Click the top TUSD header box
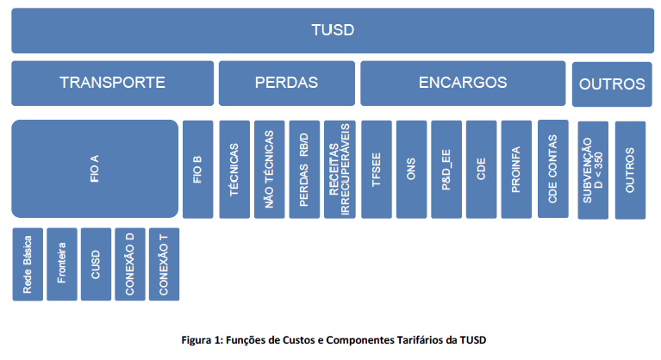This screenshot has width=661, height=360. (x=333, y=30)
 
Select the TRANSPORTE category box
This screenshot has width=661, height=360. (x=113, y=83)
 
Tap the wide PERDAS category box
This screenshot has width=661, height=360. (x=287, y=83)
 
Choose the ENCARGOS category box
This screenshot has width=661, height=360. (x=463, y=83)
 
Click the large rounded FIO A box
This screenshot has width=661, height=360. (x=95, y=169)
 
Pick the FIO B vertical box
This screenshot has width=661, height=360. (x=197, y=170)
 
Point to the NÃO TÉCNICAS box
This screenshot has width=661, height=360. (x=270, y=170)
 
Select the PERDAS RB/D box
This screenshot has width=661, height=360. (x=304, y=170)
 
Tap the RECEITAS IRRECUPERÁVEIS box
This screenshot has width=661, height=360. (x=340, y=170)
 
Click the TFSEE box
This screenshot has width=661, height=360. (x=377, y=170)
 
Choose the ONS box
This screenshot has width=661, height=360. (x=411, y=170)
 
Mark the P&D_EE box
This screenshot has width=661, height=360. (x=446, y=170)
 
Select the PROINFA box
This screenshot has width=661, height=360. (x=516, y=170)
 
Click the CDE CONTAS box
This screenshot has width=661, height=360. (x=553, y=169)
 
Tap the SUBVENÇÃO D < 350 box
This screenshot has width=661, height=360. (x=593, y=171)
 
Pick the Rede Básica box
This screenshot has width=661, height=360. (x=28, y=264)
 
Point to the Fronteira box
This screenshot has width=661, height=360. (x=62, y=264)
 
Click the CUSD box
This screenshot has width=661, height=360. (x=97, y=264)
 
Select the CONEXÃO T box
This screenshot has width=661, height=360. (x=164, y=264)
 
